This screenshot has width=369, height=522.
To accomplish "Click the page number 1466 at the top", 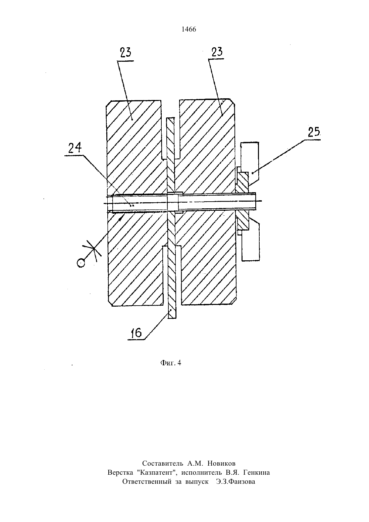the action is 189,30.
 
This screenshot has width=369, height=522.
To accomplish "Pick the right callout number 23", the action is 217,52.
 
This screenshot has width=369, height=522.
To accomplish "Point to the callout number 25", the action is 314,132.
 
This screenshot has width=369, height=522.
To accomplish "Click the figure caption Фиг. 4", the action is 171,363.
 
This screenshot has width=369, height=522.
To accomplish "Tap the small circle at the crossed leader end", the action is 81,263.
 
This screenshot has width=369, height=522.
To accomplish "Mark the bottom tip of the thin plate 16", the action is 172,318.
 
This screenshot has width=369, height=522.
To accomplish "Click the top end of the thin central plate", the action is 170,118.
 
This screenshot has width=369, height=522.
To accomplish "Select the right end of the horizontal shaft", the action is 256,201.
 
